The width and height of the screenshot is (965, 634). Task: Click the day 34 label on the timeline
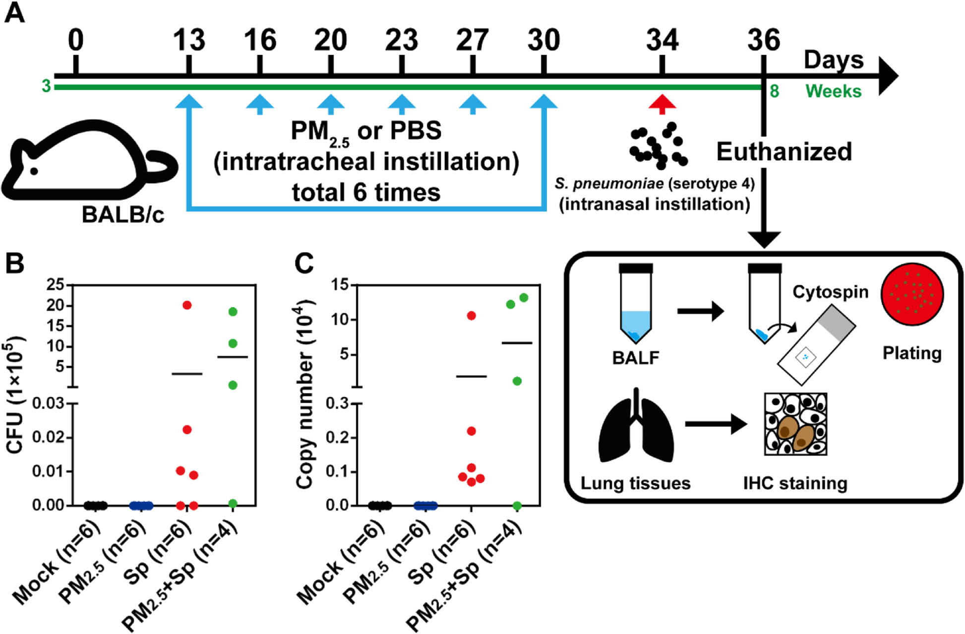(662, 40)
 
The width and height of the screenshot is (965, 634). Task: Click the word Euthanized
(784, 152)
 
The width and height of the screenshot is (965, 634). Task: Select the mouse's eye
(34, 171)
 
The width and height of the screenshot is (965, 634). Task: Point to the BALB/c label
(122, 215)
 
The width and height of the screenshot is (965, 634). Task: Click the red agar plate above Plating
(912, 295)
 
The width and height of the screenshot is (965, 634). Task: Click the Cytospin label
(830, 292)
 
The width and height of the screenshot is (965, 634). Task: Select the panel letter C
(304, 263)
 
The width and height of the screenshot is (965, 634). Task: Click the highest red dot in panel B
(187, 305)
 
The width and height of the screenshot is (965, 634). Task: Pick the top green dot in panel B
(233, 312)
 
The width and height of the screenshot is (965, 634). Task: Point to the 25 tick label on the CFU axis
(55, 284)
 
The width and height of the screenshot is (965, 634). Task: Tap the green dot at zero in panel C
(517, 506)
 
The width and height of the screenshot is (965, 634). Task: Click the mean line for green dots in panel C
(517, 343)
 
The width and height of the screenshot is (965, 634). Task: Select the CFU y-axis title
(15, 395)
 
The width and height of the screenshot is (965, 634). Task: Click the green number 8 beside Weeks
(774, 91)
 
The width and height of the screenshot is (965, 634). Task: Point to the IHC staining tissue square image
(795, 424)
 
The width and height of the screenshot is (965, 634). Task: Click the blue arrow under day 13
(188, 102)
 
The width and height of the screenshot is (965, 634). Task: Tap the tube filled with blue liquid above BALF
(636, 305)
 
